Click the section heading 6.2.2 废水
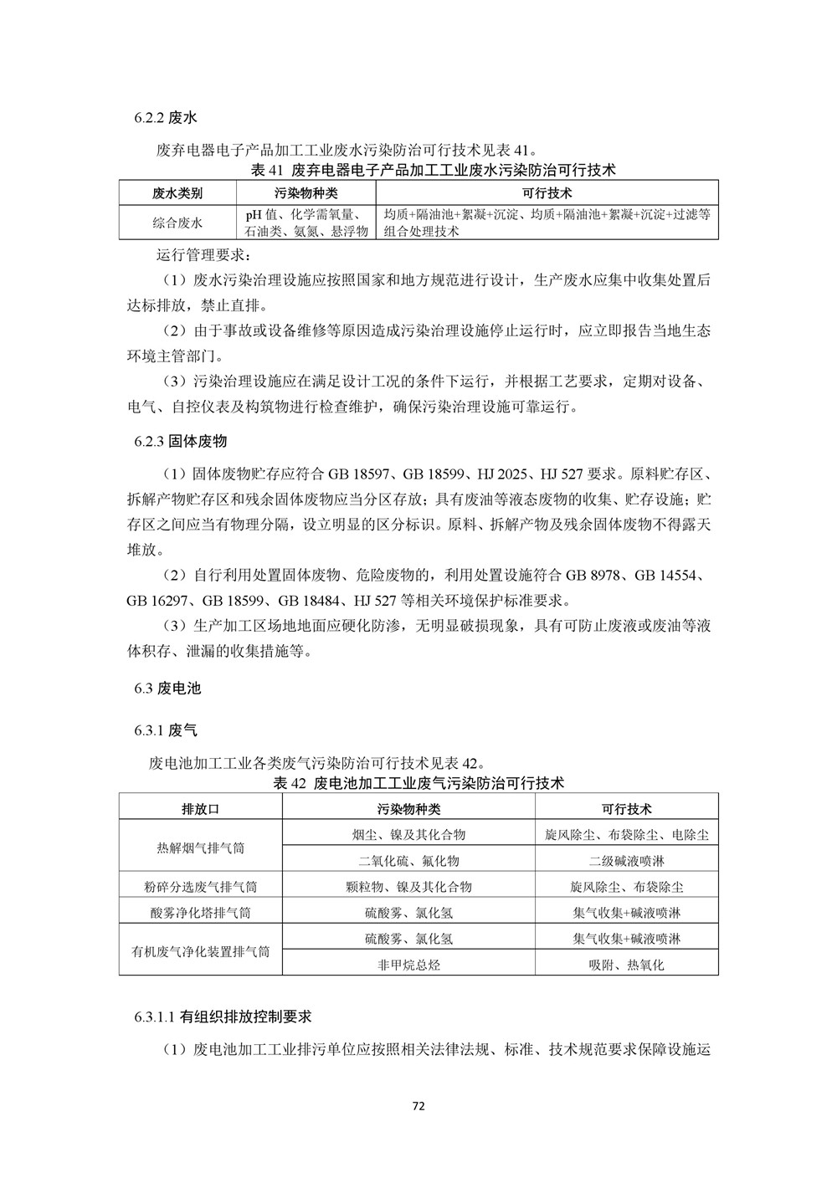pos(165,117)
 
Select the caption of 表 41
pos(418,171)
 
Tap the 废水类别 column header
pos(177,193)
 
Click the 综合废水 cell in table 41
pos(177,223)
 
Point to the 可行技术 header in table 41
pos(547,193)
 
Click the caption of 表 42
pos(418,784)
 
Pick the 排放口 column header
pos(201,809)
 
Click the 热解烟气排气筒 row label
pos(201,848)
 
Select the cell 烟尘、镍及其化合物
pos(408,834)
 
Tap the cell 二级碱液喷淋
pos(626,861)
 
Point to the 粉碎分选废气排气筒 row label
pos(201,887)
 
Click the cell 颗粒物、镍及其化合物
pos(408,887)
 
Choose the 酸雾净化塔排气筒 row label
pos(201,913)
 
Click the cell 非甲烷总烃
pos(408,965)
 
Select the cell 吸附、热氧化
pos(626,965)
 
